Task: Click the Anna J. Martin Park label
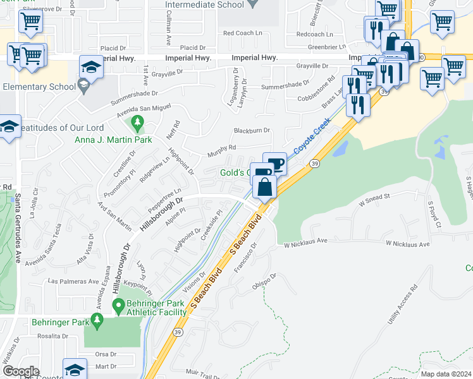point(113,140)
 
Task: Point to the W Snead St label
point(377,200)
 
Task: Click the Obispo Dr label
point(264,278)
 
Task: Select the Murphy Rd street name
point(222,152)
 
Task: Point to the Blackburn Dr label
point(252,131)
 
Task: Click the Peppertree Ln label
point(164,196)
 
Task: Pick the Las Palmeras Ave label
point(74,281)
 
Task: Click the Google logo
point(21,371)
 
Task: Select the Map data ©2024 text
point(446,374)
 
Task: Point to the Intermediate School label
point(204,4)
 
